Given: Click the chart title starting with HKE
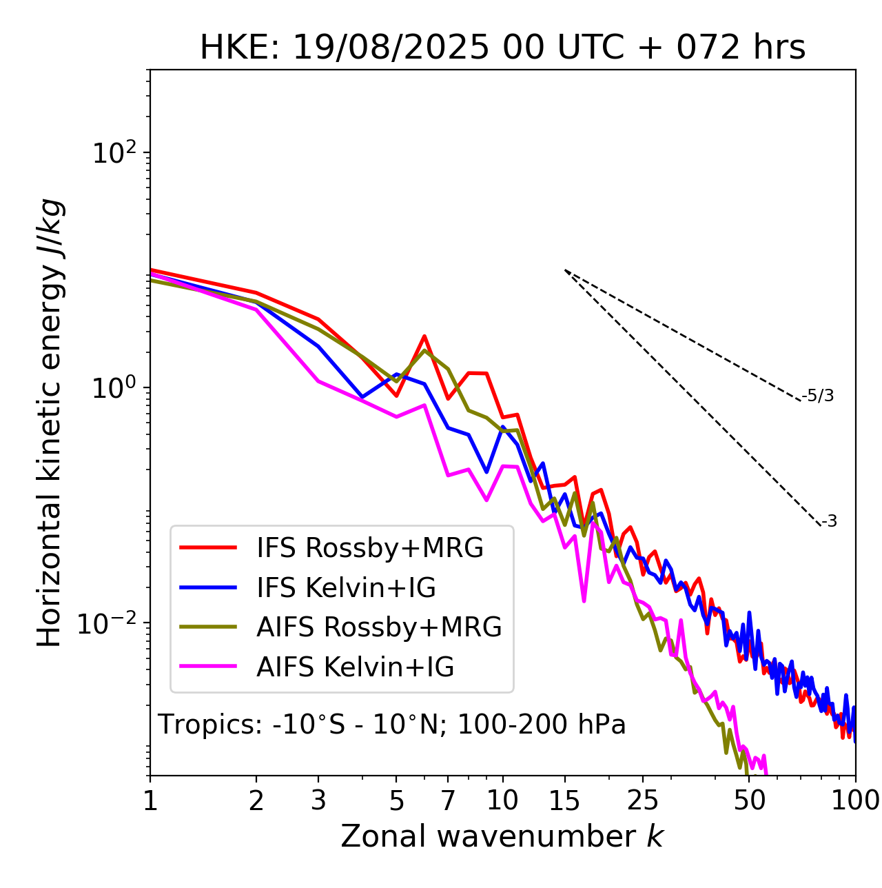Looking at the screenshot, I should tap(502, 48).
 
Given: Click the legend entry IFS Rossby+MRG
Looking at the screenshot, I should tap(369, 548).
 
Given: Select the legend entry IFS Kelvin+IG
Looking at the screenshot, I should tap(346, 588).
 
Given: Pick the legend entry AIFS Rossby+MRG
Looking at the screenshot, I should tap(379, 627).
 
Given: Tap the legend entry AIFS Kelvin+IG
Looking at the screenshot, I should tap(355, 667).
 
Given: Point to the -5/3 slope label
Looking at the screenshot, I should tap(818, 396).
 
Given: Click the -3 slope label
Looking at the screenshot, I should tap(829, 522).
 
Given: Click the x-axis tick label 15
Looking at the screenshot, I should tap(564, 800).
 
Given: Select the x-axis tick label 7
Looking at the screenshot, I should tap(448, 800).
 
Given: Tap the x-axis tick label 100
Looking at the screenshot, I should tap(855, 800).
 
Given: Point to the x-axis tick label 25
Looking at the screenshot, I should tap(642, 800).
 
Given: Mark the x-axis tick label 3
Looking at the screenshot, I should tap(318, 800).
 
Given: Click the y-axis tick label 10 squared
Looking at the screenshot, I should tap(114, 153).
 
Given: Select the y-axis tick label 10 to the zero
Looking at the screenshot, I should tap(114, 388).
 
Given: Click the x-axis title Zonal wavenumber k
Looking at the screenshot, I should tap(502, 836).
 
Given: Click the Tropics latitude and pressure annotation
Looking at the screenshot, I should tap(391, 725).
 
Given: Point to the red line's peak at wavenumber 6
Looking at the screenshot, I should tap(424, 336).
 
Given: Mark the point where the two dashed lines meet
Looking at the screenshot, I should tap(564, 270).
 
